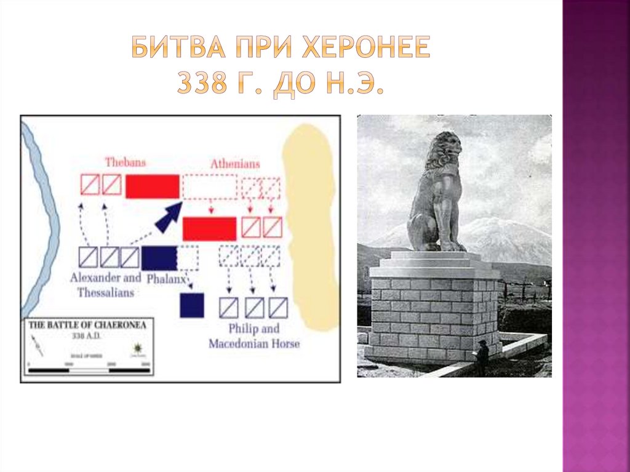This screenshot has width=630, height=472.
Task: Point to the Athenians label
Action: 234,164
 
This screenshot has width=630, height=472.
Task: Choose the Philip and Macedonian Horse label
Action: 253,336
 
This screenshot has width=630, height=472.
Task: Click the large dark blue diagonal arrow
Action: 169,216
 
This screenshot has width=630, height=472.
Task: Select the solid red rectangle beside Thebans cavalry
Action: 153,186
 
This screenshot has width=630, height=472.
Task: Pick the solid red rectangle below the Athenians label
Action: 209,228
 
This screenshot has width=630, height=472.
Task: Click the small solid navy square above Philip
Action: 192,305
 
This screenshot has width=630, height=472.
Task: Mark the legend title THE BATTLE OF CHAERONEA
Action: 88,326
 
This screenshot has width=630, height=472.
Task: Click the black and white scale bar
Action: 89,370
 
